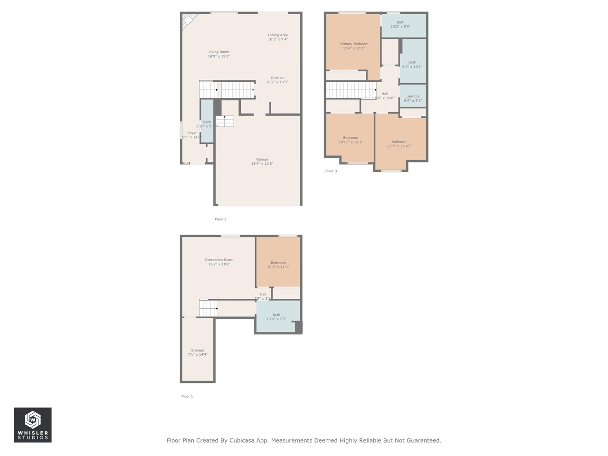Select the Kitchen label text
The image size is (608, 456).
tap(277, 78)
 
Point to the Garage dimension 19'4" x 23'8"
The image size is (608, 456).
tap(262, 164)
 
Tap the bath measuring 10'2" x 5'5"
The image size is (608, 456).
tap(400, 25)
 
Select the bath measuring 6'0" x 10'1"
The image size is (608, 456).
tap(412, 65)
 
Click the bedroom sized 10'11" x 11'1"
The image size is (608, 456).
tap(351, 140)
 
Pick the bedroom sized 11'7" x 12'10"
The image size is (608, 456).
tap(399, 144)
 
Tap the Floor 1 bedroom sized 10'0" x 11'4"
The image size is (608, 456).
tap(278, 265)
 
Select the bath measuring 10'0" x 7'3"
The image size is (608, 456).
tap(276, 317)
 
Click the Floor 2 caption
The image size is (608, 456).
tap(220, 219)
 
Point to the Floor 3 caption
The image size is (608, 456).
tap(331, 171)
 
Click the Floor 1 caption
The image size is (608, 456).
tap(187, 396)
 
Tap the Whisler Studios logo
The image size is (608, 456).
tap(33, 425)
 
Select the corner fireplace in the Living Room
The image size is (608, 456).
tap(188, 21)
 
